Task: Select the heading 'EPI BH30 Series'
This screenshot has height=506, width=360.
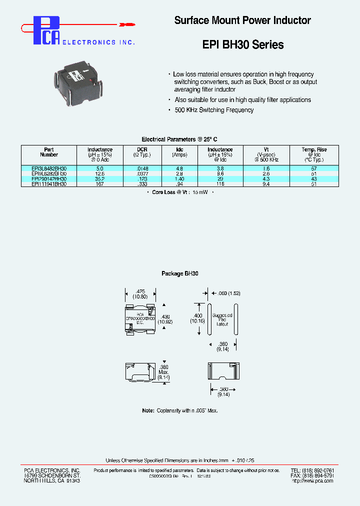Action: (243, 44)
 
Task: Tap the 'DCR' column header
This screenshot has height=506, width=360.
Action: (142, 149)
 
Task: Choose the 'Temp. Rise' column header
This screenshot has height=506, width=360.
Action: (314, 149)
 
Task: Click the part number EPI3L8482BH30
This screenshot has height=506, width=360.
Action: (49, 169)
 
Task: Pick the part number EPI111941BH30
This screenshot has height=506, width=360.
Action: (49, 184)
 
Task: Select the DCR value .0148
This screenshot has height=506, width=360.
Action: (142, 169)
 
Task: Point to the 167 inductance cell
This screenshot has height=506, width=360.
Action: (100, 184)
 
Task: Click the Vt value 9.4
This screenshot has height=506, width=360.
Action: (266, 184)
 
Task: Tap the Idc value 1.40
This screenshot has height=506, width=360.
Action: (179, 179)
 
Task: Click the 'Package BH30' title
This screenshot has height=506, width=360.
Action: (180, 273)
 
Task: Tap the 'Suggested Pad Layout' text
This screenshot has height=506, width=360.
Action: (222, 320)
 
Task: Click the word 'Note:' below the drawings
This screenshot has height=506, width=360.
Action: (148, 410)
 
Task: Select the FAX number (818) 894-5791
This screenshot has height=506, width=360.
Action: (312, 475)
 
